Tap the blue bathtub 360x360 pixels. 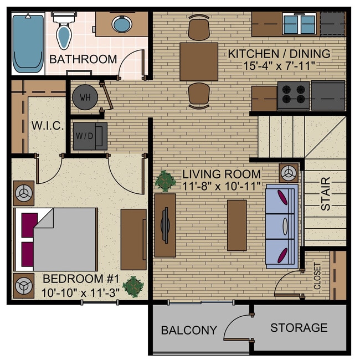(x=28, y=43)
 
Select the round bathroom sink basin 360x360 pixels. (x=121, y=24)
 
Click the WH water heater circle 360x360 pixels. (x=85, y=97)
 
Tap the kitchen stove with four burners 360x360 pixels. (x=293, y=96)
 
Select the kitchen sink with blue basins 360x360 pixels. (x=300, y=24)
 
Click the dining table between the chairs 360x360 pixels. (x=199, y=61)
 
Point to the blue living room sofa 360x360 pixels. (x=282, y=225)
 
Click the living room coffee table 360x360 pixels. (x=236, y=225)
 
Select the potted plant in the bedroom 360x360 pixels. (x=133, y=286)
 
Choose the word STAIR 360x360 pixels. (x=326, y=193)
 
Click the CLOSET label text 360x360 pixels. (x=317, y=276)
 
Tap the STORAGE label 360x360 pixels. (x=299, y=328)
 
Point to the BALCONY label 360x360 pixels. (x=189, y=331)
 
